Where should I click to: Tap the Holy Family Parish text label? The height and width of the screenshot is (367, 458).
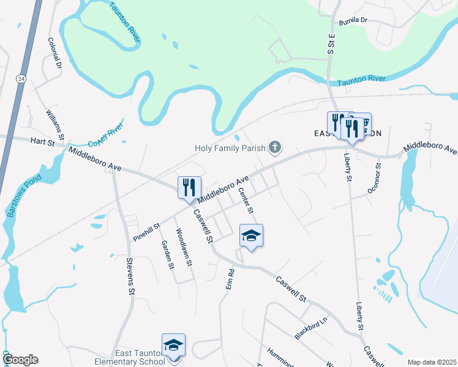(x=230, y=148)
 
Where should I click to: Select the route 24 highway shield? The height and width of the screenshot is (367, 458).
(x=21, y=79)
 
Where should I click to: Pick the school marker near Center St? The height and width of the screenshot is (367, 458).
(x=251, y=235)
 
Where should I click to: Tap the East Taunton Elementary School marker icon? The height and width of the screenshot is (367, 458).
(x=173, y=345)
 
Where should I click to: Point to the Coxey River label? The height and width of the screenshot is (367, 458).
(x=105, y=133)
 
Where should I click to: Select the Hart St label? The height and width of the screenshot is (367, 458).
(x=42, y=142)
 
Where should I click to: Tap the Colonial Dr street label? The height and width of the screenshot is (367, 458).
(x=55, y=53)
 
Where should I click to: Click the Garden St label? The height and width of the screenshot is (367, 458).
(x=167, y=254)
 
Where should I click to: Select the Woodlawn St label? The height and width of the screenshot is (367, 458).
(x=184, y=247)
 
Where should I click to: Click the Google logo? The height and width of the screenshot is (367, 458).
(x=20, y=360)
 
